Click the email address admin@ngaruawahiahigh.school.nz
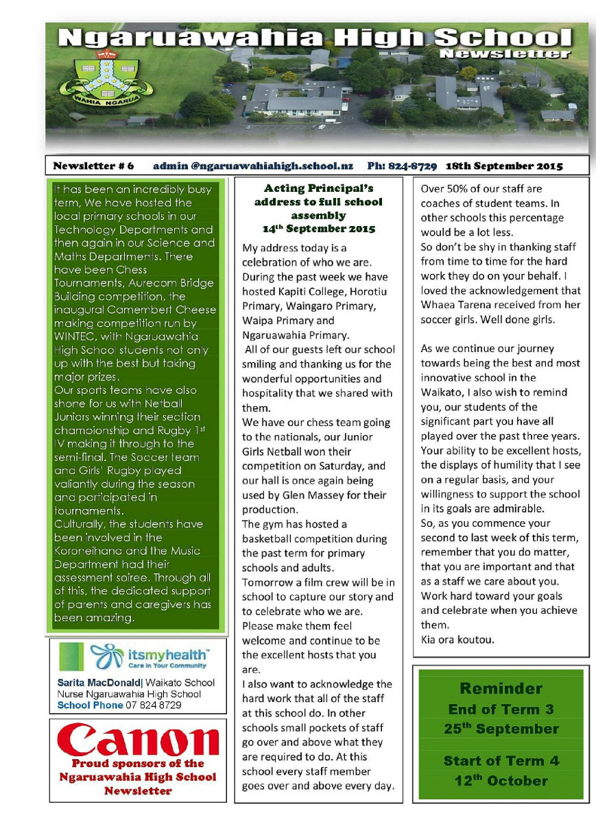[253, 166]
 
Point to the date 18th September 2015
[504, 166]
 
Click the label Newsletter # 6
[94, 166]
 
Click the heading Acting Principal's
[318, 188]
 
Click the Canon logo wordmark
[137, 740]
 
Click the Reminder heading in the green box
[501, 688]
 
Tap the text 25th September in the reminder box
[501, 729]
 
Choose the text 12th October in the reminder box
[501, 780]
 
